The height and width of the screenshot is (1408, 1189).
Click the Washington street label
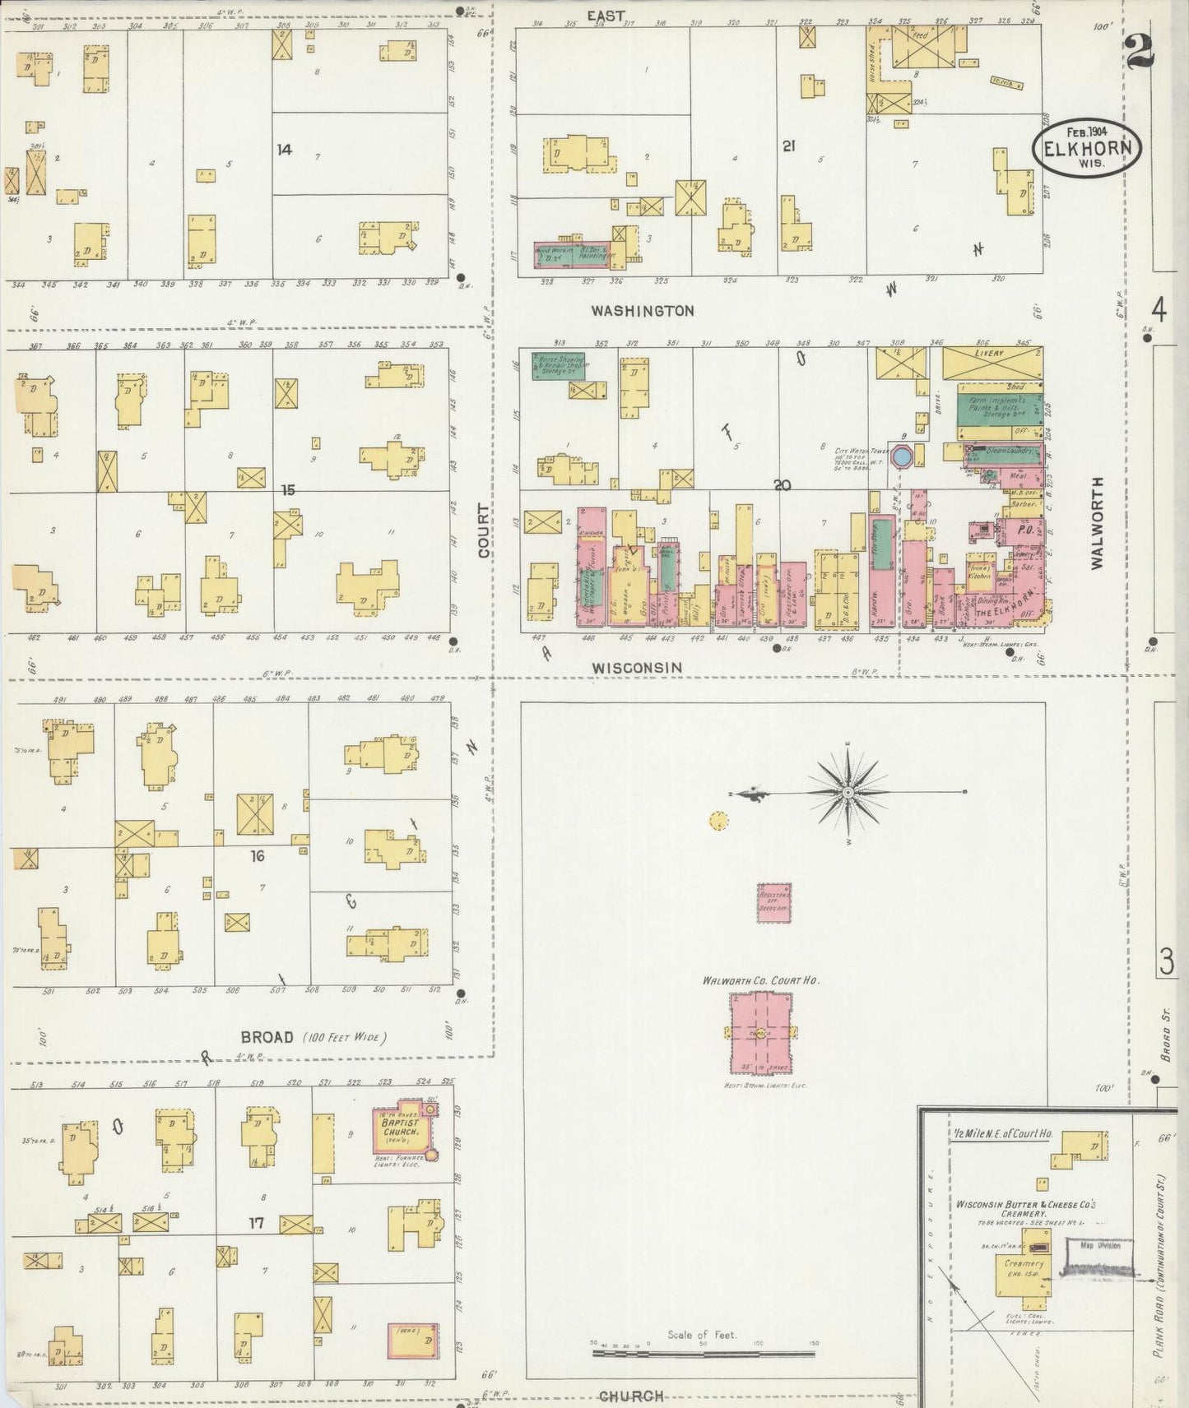pyautogui.click(x=642, y=311)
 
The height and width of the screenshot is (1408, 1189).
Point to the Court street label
pyautogui.click(x=484, y=530)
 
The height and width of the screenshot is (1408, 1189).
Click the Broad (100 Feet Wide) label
pyautogui.click(x=313, y=1037)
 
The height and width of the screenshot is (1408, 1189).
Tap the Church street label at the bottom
pyautogui.click(x=630, y=1395)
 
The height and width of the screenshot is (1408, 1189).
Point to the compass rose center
pyautogui.click(x=848, y=792)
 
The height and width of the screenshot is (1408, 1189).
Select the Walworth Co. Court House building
pyautogui.click(x=759, y=1032)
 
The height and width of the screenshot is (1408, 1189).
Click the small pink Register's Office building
pyautogui.click(x=774, y=902)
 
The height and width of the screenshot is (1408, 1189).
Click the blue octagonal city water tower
pyautogui.click(x=902, y=455)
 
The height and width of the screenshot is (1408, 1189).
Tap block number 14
pyautogui.click(x=284, y=150)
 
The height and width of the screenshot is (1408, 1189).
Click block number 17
pyautogui.click(x=256, y=1223)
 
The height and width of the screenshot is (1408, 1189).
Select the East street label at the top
pyautogui.click(x=606, y=15)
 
